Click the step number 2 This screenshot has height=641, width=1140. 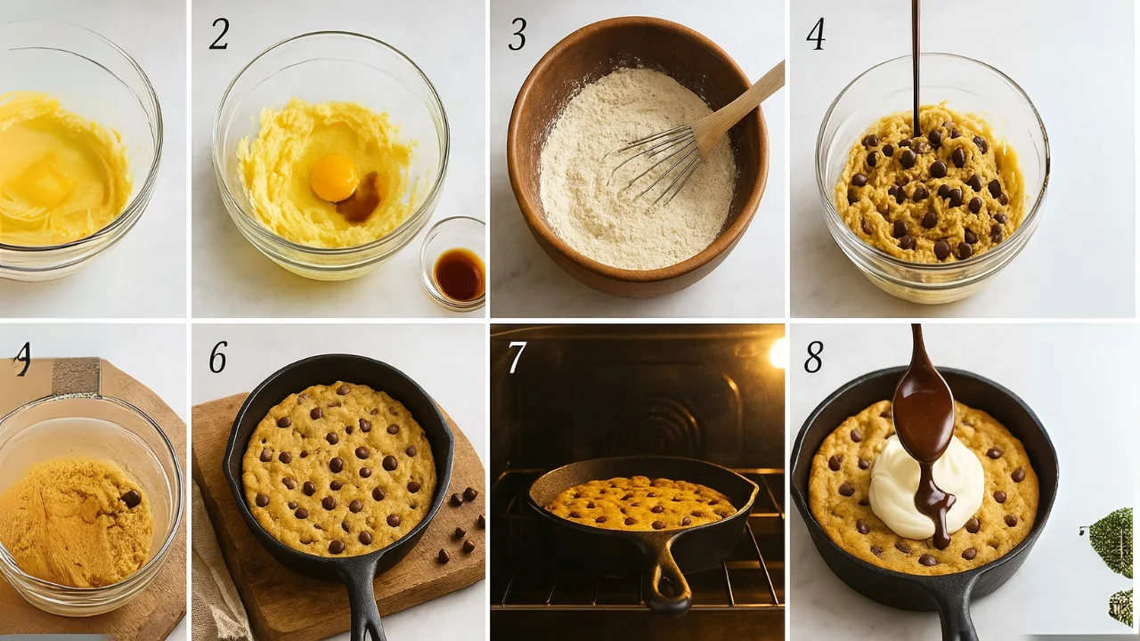pos(219,34)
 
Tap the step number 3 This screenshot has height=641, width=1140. pos(517,34)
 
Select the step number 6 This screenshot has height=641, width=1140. pos(218,357)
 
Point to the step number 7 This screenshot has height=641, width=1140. pos(517,358)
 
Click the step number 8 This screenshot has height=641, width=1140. pos(813,357)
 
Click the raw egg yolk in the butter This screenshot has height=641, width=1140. pos(334,177)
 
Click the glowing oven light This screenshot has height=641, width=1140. pos(778,353)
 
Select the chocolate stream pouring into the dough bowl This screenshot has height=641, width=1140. pos(916,62)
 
